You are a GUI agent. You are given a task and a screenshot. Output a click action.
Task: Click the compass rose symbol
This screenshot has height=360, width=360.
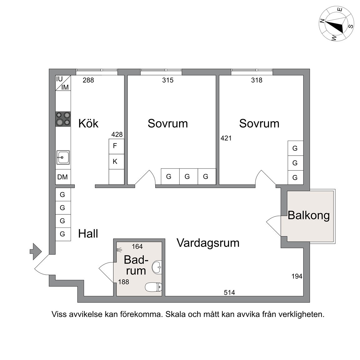337,24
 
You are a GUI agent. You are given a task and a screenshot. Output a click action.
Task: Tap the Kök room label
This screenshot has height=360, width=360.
88,123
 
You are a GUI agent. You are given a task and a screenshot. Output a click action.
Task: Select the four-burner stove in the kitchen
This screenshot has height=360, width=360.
63,119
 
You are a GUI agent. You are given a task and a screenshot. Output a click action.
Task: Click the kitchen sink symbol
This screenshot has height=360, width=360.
63,157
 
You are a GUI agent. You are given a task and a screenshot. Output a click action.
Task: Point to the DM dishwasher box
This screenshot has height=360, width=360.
62,177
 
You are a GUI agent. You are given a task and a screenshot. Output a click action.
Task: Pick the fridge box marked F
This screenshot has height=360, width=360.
115,146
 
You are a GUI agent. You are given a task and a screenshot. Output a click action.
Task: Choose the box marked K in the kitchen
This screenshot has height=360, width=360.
115,162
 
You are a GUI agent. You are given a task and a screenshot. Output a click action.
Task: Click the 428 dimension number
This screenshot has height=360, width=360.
117,135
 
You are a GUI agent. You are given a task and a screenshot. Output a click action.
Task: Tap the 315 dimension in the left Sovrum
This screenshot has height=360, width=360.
168,80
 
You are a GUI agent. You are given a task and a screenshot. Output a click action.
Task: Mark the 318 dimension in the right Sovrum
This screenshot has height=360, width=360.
257,80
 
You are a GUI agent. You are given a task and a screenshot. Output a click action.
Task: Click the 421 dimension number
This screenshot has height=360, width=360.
226,138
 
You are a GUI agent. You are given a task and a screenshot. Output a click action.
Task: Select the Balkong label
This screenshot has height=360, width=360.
309,215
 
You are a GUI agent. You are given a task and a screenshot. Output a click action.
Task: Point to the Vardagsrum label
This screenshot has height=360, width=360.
208,243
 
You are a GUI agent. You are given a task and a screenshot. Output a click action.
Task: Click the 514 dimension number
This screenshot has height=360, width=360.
229,292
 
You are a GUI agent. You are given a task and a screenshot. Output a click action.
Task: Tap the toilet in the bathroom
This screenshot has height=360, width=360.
153,287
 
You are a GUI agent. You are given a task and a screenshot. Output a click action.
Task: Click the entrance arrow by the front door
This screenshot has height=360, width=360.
35,251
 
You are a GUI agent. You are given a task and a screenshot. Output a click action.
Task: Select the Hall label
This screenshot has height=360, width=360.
88,233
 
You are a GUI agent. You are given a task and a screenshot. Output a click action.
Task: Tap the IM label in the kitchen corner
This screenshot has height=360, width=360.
65,87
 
